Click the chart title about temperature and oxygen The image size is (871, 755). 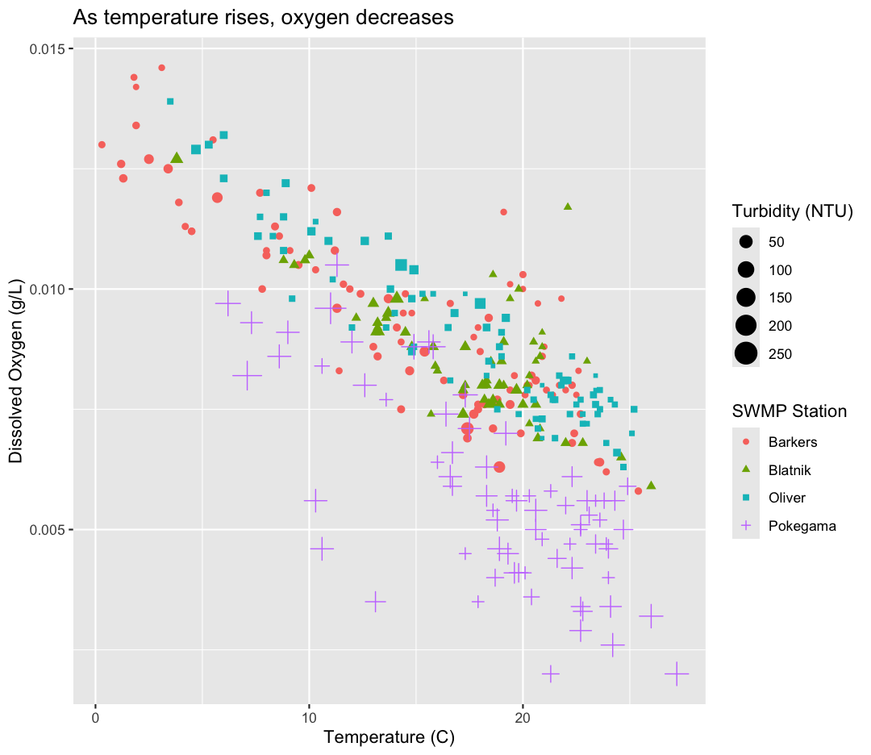point(263,17)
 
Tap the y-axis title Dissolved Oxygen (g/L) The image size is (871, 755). point(16,377)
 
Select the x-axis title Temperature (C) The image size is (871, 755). point(390,736)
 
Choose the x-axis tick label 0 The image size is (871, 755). point(95,715)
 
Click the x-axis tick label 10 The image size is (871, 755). point(309,715)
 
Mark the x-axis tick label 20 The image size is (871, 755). point(523,715)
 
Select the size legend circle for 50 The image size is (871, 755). point(746,241)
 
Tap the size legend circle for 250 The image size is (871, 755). point(746,353)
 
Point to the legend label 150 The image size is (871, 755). point(781,298)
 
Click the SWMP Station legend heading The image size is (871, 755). point(790,411)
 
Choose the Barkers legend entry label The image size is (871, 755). point(793,442)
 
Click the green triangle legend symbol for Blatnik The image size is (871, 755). point(746,469)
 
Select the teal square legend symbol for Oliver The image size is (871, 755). point(746,498)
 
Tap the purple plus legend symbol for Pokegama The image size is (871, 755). point(746,526)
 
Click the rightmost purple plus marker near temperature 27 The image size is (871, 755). point(677,674)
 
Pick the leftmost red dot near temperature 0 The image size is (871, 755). point(102,144)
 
